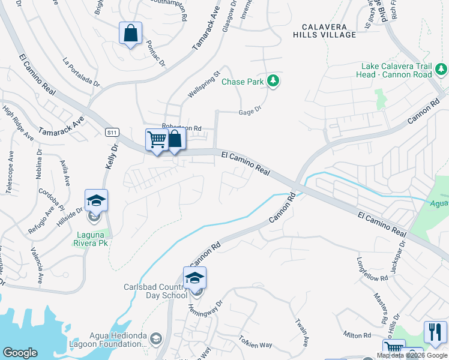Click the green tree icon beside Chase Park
(274, 81)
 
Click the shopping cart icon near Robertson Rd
(157, 140)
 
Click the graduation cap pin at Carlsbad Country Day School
(194, 278)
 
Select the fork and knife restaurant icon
(435, 332)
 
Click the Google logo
(20, 353)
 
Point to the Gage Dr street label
(250, 110)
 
